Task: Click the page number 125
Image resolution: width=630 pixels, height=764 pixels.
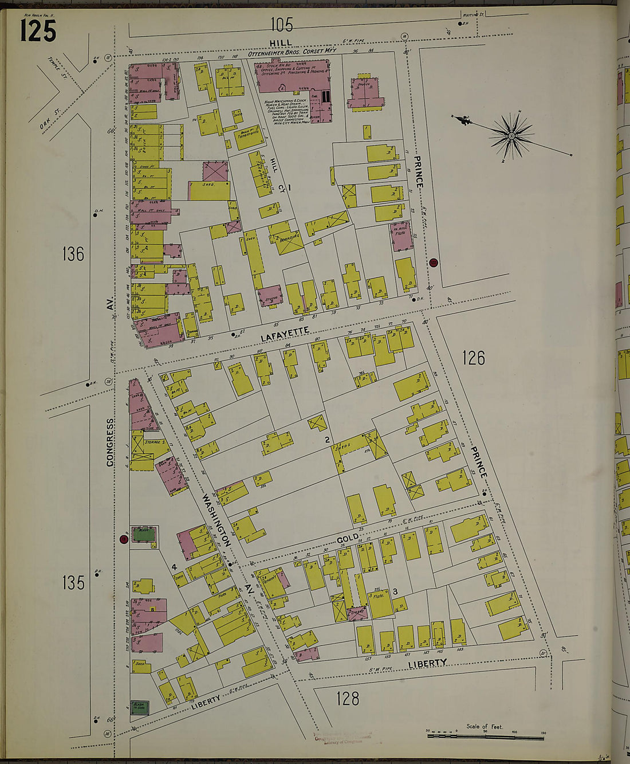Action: click(38, 30)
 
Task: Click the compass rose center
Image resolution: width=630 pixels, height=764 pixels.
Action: click(511, 136)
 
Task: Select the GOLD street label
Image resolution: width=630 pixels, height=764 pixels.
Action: click(348, 538)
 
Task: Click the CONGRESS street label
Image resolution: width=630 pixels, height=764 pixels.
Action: click(110, 442)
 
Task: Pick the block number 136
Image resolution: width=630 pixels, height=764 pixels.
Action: click(73, 254)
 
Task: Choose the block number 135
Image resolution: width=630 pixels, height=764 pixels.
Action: click(73, 582)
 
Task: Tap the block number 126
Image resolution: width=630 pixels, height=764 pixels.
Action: click(473, 358)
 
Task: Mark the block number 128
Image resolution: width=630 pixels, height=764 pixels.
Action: click(348, 698)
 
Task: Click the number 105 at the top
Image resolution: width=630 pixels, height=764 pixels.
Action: click(281, 25)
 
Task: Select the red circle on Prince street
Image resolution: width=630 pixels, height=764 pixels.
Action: click(434, 262)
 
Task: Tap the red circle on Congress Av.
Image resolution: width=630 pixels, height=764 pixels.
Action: click(123, 539)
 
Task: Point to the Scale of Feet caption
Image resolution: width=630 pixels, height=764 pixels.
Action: click(485, 727)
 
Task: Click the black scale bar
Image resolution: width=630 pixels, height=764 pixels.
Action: click(485, 736)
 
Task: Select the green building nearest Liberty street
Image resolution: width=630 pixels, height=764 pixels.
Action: click(140, 707)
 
